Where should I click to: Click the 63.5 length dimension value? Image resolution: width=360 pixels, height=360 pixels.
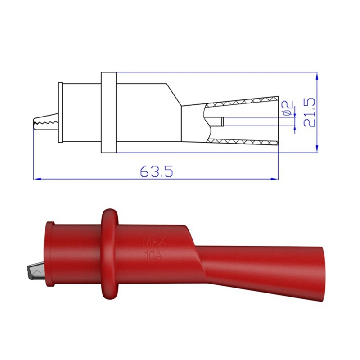click(x=157, y=171)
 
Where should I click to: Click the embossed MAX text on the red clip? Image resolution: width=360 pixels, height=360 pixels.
click(x=154, y=242)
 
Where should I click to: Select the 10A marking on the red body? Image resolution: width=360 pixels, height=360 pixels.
click(x=154, y=256)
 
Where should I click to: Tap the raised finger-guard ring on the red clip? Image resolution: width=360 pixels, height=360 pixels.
click(x=110, y=254)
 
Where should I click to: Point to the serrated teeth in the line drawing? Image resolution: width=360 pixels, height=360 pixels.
click(x=45, y=121)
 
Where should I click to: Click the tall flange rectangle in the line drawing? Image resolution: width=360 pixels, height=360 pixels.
click(x=109, y=112)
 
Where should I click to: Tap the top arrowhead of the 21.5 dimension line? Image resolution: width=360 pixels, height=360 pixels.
click(x=317, y=75)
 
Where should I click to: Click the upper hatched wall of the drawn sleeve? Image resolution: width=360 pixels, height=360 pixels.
click(x=243, y=102)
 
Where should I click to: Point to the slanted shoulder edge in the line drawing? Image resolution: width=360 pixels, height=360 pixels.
click(x=175, y=94)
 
